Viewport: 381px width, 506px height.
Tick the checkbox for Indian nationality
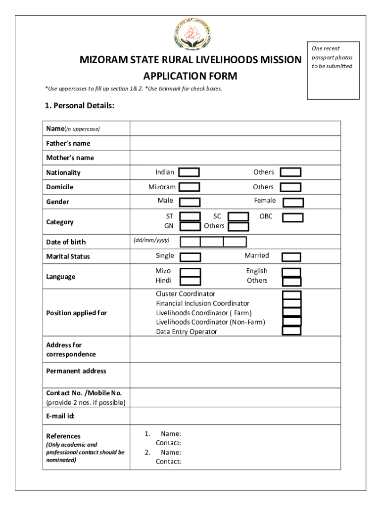(189, 172)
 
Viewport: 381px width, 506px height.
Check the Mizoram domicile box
(189, 187)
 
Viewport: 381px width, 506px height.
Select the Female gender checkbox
(293, 203)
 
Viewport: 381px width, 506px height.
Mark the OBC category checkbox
(292, 217)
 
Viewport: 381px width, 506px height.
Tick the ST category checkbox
(190, 216)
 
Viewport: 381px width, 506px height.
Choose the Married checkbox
(291, 257)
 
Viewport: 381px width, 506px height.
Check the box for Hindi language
(190, 281)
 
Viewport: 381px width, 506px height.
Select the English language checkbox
(291, 272)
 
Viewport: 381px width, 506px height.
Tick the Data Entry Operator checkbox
(291, 331)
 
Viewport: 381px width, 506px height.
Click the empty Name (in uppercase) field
(235, 128)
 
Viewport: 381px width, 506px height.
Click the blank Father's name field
(235, 143)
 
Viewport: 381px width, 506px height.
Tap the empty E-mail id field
(235, 416)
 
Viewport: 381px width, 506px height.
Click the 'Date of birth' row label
(66, 242)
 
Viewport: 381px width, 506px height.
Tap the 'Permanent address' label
(76, 371)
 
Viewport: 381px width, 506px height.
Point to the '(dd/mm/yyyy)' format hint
(151, 240)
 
